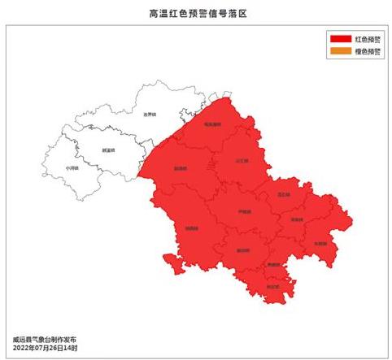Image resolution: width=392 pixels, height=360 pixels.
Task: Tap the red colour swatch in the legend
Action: (340, 39)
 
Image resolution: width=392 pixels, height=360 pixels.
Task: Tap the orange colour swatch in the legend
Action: (340, 51)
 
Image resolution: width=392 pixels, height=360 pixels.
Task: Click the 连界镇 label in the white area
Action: (149, 115)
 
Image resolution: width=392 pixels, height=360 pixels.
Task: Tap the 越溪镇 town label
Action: (108, 150)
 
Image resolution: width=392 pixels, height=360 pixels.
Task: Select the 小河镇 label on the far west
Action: (72, 168)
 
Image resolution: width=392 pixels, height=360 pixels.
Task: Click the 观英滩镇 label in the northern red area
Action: (212, 124)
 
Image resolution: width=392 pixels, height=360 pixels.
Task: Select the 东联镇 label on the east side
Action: (320, 243)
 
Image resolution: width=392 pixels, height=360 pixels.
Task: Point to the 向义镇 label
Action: (296, 220)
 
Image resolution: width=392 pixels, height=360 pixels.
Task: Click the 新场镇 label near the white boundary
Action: (181, 169)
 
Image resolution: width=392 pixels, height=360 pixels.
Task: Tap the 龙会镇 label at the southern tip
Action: (273, 286)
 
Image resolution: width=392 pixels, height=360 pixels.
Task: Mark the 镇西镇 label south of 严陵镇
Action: (242, 251)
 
